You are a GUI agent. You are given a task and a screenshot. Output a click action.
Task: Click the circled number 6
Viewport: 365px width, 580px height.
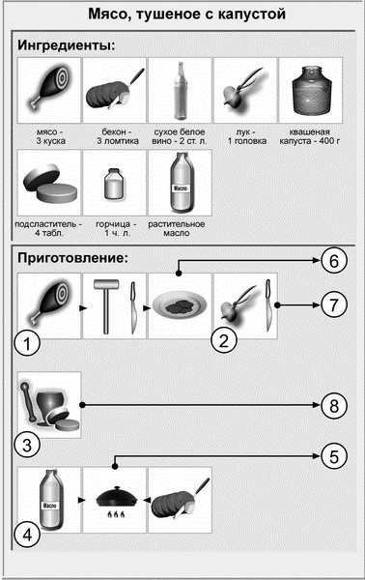tap(334, 261)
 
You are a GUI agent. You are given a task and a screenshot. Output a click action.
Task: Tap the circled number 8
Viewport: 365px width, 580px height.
tap(334, 405)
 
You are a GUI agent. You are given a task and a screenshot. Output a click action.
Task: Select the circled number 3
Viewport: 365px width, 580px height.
tap(27, 445)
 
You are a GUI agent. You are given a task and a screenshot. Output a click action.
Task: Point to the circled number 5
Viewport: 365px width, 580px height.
tap(334, 456)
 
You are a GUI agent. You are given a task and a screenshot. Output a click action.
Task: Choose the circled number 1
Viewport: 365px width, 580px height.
tap(27, 344)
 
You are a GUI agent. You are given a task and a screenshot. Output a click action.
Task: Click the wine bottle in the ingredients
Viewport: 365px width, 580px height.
tap(180, 91)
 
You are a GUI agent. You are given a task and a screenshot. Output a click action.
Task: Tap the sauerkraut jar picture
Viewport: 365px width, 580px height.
tap(310, 91)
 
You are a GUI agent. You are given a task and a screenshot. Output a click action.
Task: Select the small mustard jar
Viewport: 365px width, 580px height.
tap(114, 184)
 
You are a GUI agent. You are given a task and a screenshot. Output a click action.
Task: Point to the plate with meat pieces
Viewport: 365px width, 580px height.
tap(180, 305)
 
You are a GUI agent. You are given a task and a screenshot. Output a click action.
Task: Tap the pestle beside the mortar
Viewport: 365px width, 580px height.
tap(28, 402)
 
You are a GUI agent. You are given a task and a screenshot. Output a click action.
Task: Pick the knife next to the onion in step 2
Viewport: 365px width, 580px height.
tap(269, 305)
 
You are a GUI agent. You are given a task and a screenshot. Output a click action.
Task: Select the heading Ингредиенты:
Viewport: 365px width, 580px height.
tap(67, 45)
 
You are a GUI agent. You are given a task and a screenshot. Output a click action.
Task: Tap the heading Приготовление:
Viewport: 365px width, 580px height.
tap(72, 258)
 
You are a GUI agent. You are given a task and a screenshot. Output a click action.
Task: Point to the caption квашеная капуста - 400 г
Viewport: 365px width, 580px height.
tap(310, 136)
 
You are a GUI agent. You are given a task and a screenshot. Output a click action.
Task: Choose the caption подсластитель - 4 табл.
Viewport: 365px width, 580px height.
tap(49, 228)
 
